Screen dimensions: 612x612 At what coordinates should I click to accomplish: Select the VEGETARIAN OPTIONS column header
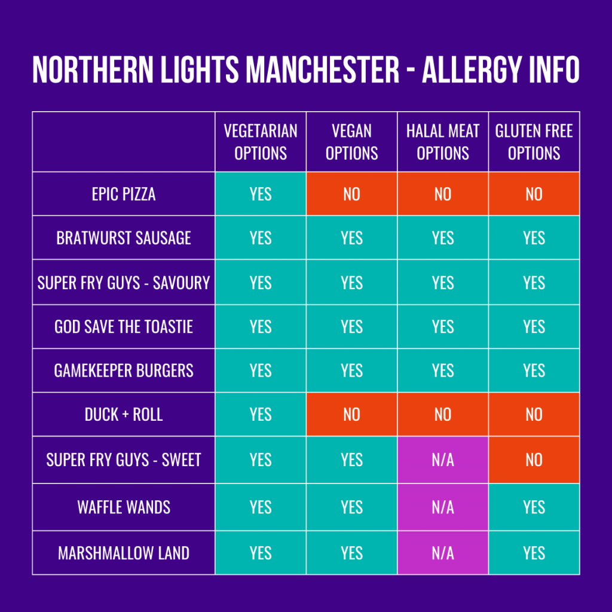point(261,142)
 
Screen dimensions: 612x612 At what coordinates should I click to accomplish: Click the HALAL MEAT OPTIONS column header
point(443,142)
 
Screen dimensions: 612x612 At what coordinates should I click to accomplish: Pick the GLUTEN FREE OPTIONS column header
point(534,142)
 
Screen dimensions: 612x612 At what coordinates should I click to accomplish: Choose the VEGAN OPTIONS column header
point(351,142)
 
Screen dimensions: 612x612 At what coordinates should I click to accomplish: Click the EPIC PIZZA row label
point(124,194)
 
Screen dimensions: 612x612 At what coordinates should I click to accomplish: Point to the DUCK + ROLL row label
point(124,414)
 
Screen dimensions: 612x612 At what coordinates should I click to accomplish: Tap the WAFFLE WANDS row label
point(124,507)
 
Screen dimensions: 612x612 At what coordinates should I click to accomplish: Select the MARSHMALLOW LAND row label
point(124,553)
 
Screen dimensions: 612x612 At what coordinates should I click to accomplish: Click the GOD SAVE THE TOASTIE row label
point(124,326)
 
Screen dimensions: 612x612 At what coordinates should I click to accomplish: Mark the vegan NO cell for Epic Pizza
point(351,194)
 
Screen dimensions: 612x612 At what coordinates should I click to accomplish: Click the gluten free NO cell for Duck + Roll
point(534,414)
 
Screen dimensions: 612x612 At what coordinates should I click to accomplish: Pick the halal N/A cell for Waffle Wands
point(443,507)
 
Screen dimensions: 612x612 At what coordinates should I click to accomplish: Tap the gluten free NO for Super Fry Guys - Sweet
point(534,460)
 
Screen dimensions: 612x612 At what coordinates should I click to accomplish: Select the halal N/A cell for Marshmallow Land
point(443,553)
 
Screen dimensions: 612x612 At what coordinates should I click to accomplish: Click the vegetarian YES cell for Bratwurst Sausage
point(261,238)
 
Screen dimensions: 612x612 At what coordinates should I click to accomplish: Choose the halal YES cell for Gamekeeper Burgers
point(443,371)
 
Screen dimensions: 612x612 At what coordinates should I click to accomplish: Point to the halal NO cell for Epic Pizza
point(443,194)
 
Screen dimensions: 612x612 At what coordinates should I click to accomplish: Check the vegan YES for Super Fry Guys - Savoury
point(351,282)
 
